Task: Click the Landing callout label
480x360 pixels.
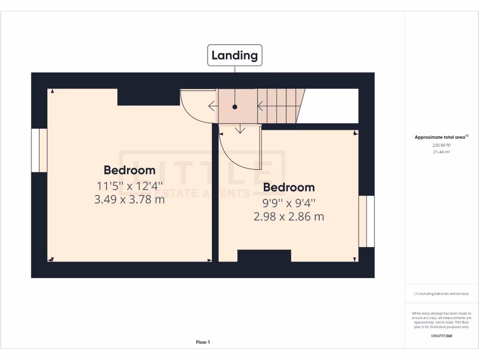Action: point(235,55)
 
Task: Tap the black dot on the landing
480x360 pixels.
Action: point(235,107)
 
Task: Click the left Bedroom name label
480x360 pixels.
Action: point(129,170)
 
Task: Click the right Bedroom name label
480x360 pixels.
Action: point(289,187)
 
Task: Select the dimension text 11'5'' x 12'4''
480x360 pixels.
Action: point(129,185)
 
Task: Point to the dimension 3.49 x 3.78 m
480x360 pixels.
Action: point(129,199)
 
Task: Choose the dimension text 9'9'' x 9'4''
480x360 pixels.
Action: point(289,203)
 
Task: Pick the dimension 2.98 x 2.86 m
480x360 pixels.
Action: point(289,217)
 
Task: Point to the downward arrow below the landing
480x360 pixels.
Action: point(240,129)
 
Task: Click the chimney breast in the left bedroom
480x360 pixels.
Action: point(149,97)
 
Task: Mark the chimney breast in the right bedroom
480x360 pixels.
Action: point(264,256)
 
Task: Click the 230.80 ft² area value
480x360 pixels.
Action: point(442,145)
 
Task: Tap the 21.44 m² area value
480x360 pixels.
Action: point(442,152)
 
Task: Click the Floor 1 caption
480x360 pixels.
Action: point(203,342)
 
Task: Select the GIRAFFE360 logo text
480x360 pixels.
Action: point(442,336)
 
